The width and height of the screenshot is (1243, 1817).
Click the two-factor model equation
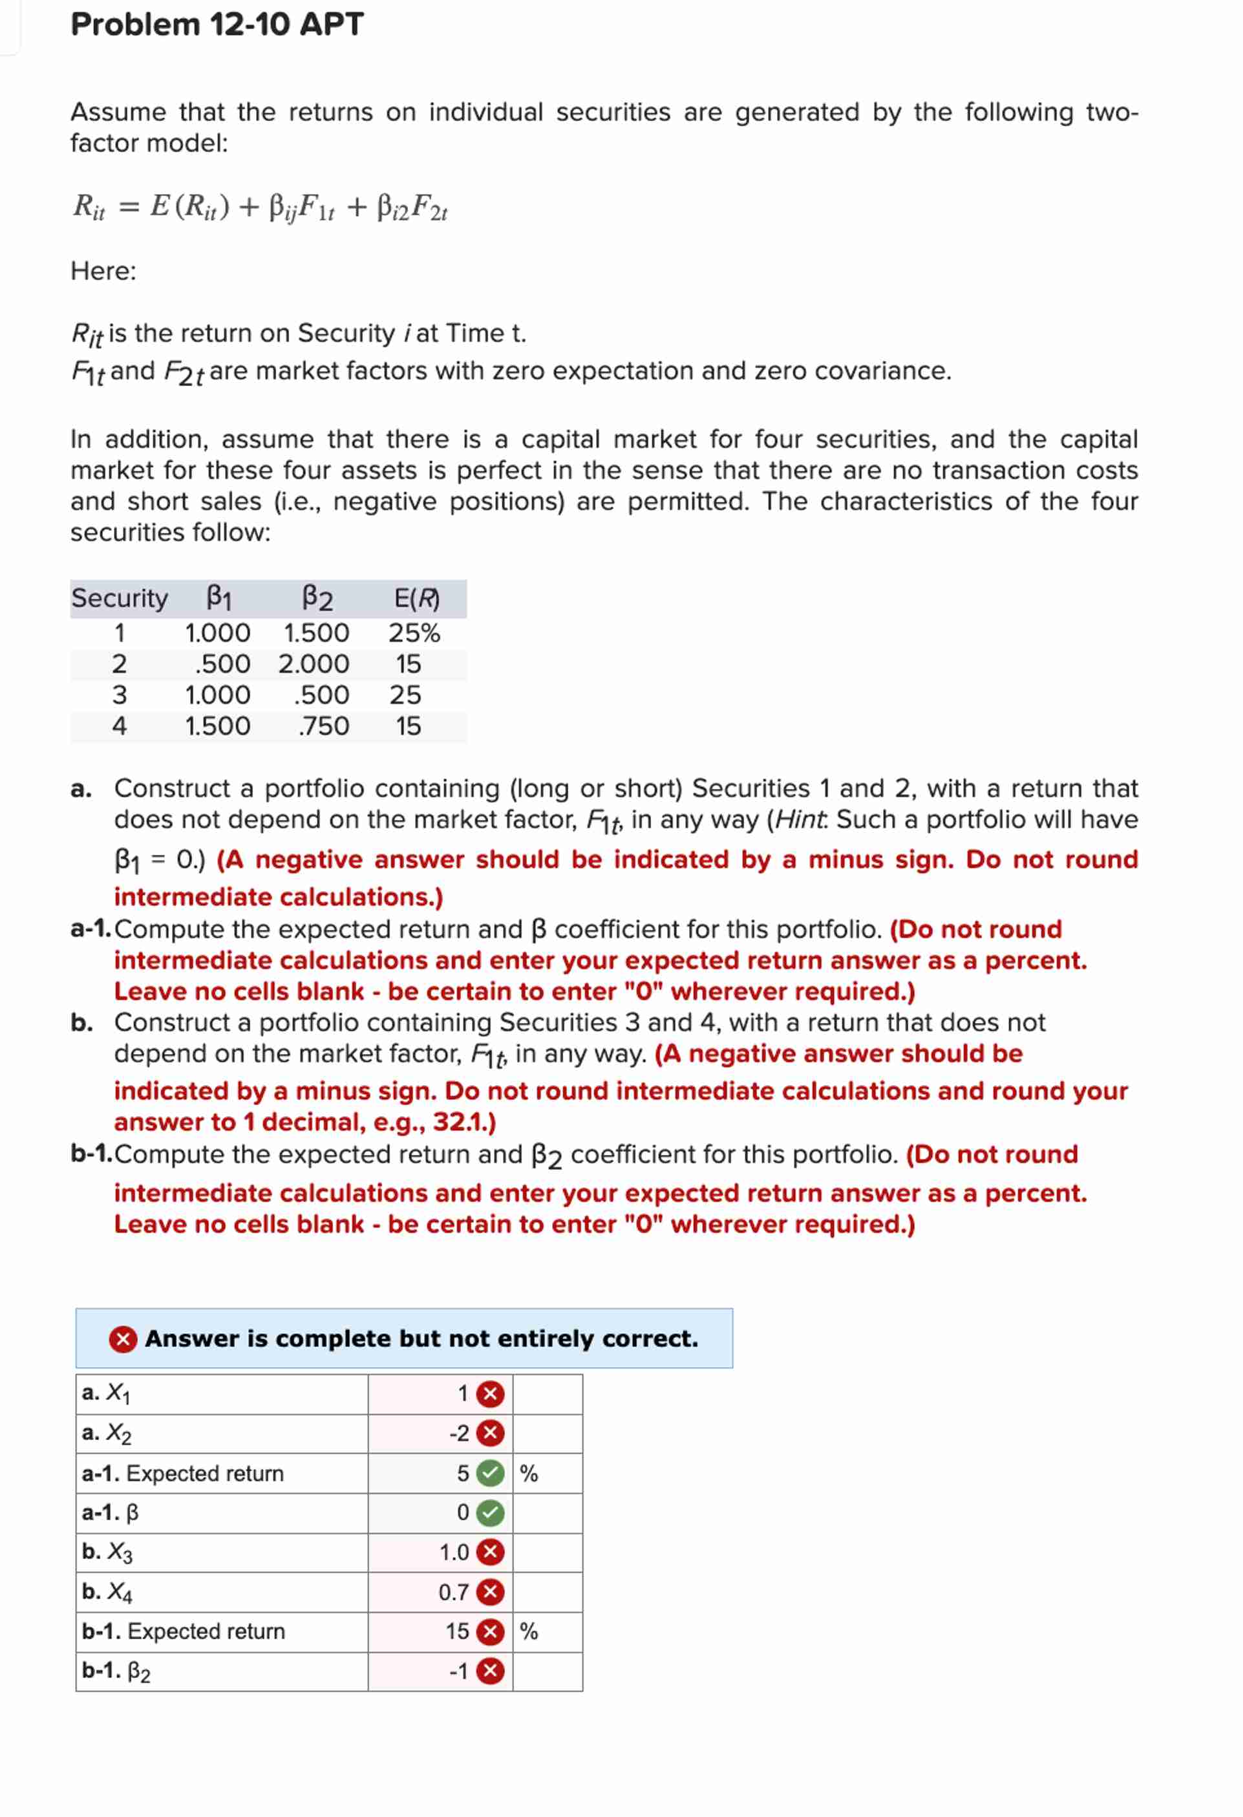coord(260,207)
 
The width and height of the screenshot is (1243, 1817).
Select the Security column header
coord(119,599)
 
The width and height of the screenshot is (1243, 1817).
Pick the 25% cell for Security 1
coord(414,632)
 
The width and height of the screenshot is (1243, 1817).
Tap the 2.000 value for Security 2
coord(313,664)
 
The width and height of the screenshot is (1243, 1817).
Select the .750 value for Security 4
coord(324,726)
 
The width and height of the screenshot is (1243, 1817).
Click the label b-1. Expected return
coord(184,1631)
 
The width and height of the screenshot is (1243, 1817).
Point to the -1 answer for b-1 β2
coord(459,1671)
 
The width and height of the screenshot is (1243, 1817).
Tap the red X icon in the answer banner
coord(123,1339)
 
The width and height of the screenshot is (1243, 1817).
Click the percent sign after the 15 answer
coord(529,1631)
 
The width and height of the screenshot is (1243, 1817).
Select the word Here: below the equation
coord(103,272)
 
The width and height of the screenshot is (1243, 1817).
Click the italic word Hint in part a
coord(800,819)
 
